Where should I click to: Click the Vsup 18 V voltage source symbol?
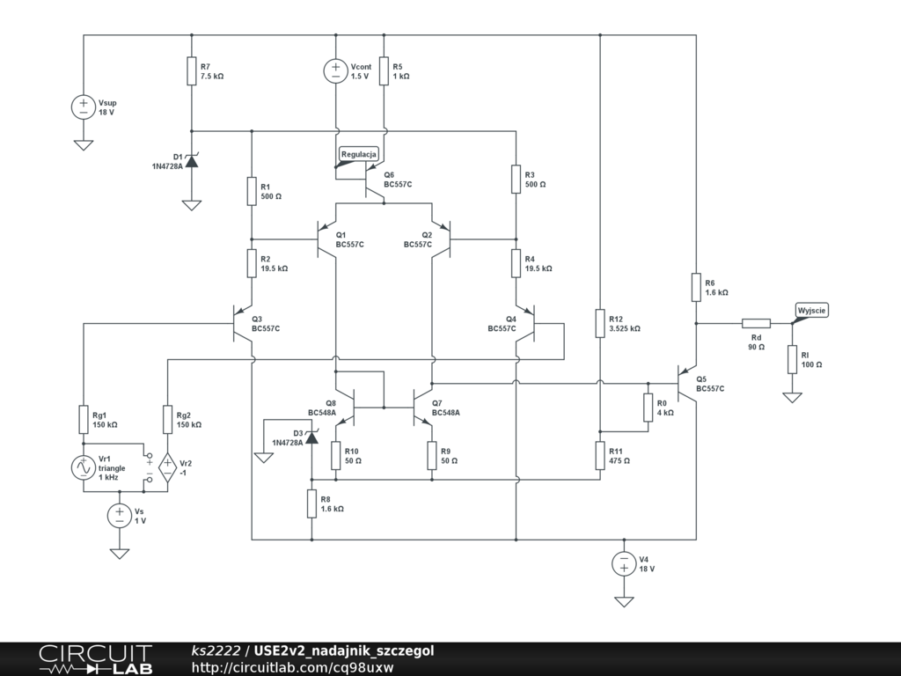point(84,107)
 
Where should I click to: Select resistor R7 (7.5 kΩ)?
point(191,71)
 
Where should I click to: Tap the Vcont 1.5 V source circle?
point(336,71)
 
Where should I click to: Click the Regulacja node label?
point(359,154)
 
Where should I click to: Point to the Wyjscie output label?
point(811,310)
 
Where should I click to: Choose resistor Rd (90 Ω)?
point(756,324)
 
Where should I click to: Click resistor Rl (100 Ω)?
point(792,359)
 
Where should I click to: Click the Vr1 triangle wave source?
point(84,468)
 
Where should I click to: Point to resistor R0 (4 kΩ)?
point(648,408)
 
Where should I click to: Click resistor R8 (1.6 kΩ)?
point(311,503)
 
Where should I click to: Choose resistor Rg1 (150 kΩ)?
point(84,420)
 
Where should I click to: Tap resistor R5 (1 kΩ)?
point(385,71)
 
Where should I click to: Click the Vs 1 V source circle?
point(120,516)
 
